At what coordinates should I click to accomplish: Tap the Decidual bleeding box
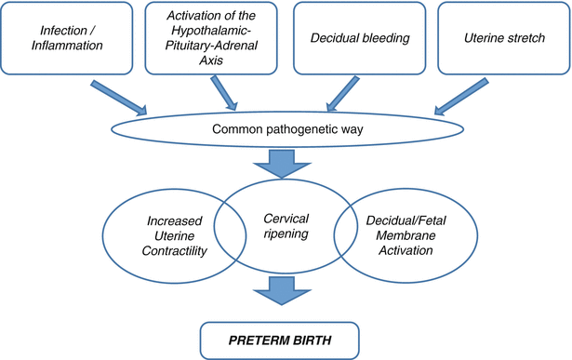pos(357,38)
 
